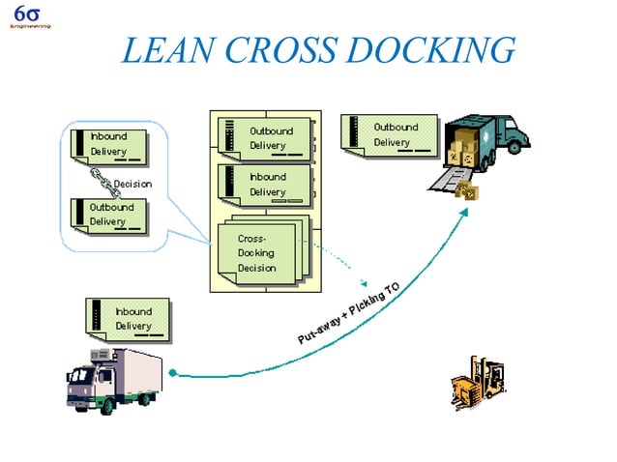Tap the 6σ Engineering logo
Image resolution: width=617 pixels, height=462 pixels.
click(x=26, y=17)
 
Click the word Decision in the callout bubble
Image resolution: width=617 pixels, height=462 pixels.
click(x=132, y=184)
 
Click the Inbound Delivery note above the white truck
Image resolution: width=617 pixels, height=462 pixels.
click(x=129, y=319)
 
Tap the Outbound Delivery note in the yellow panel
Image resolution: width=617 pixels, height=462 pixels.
click(x=264, y=138)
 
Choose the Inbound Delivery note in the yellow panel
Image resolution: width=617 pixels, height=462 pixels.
click(x=264, y=185)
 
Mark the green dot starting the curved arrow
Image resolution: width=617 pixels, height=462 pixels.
click(x=171, y=372)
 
